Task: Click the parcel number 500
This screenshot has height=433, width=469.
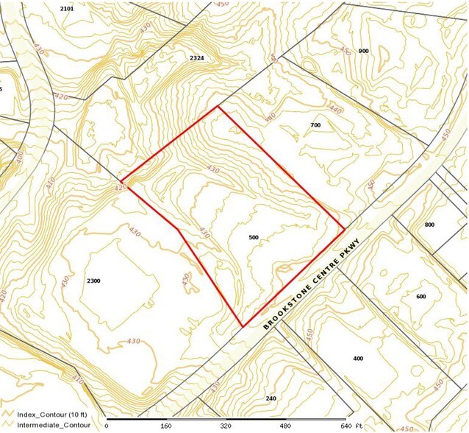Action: pyautogui.click(x=254, y=238)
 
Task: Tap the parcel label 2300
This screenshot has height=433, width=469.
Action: pyautogui.click(x=93, y=281)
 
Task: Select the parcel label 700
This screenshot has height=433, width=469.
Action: pyautogui.click(x=315, y=126)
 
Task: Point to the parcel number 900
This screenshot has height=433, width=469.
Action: pyautogui.click(x=363, y=51)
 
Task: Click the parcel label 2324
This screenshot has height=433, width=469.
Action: pyautogui.click(x=196, y=57)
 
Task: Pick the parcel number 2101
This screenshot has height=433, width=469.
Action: pyautogui.click(x=67, y=8)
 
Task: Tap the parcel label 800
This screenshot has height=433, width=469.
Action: pyautogui.click(x=430, y=225)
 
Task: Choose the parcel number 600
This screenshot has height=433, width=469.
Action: pyautogui.click(x=420, y=297)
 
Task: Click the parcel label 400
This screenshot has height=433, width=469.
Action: pyautogui.click(x=358, y=359)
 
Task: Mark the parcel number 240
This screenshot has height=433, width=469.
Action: pyautogui.click(x=271, y=398)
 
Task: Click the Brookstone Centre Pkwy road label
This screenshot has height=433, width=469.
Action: pyautogui.click(x=312, y=284)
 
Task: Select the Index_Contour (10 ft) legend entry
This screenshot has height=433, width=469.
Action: pyautogui.click(x=49, y=415)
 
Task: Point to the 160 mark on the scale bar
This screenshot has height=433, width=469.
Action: pyautogui.click(x=166, y=426)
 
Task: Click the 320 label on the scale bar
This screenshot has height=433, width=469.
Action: pyautogui.click(x=225, y=426)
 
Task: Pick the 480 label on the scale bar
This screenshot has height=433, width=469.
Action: pyautogui.click(x=284, y=426)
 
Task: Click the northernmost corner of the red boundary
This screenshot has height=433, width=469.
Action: pyautogui.click(x=218, y=107)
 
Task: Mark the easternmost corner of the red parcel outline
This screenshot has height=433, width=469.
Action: pyautogui.click(x=345, y=229)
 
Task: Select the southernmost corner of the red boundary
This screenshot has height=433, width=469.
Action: pyautogui.click(x=243, y=326)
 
